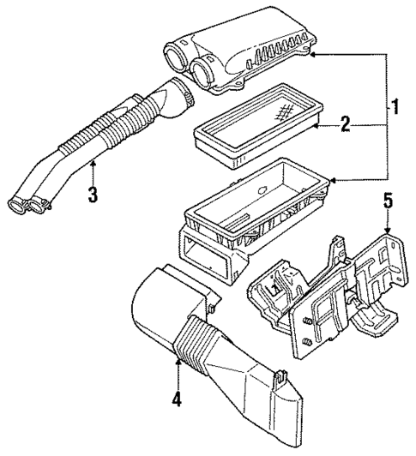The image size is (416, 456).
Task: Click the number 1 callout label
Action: (396, 110)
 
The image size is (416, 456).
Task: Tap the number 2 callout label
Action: (344, 126)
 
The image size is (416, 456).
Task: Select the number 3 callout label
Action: (93, 194)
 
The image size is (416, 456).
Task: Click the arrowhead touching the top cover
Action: (314, 53)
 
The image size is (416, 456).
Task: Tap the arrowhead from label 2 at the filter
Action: (315, 126)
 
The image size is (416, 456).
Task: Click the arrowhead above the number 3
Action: (93, 160)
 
